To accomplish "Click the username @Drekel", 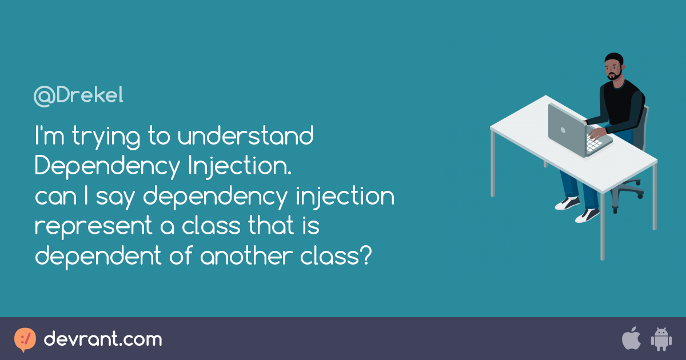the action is (x=78, y=96).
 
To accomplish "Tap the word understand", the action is (x=246, y=135).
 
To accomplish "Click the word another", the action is (x=246, y=255).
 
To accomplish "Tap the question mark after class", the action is (x=366, y=255).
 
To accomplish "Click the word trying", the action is (x=106, y=137).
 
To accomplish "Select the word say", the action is (x=115, y=197).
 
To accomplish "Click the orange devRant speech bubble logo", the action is (x=25, y=340).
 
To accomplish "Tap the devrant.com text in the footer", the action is (x=103, y=339).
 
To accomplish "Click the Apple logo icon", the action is (x=631, y=338).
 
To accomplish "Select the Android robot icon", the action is (x=661, y=339).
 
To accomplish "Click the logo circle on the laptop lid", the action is (x=563, y=130).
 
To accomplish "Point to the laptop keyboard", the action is (x=594, y=143).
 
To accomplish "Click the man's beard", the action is (x=615, y=75).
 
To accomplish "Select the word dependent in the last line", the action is (x=98, y=257).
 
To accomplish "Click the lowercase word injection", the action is (x=345, y=197).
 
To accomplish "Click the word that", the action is (x=270, y=225).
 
